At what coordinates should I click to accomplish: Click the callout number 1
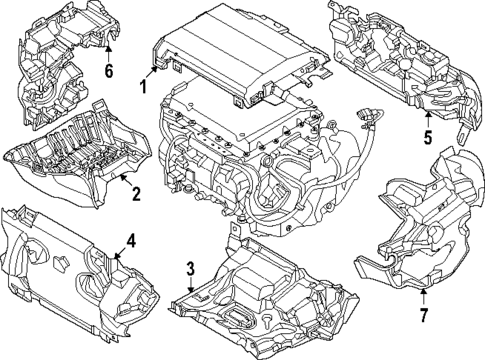click(x=142, y=87)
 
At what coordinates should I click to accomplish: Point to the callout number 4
click(x=130, y=240)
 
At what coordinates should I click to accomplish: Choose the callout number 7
click(x=423, y=316)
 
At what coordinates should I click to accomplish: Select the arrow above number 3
click(x=190, y=290)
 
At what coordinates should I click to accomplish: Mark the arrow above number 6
click(x=108, y=49)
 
